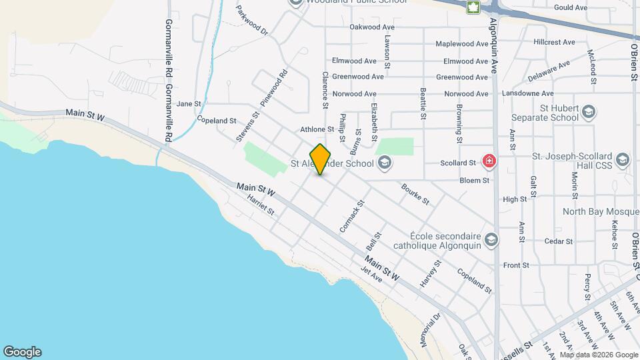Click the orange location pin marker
321,159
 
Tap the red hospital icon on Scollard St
489,161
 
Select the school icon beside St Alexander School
384,162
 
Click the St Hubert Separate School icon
589,111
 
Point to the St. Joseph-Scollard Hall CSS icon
623,159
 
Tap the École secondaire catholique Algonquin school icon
491,239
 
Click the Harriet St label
260,204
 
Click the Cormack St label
352,217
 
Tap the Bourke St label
415,193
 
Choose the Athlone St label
317,129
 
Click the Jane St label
189,103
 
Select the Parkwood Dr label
251,21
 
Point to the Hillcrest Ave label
554,42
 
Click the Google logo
22,352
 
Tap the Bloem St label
475,180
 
